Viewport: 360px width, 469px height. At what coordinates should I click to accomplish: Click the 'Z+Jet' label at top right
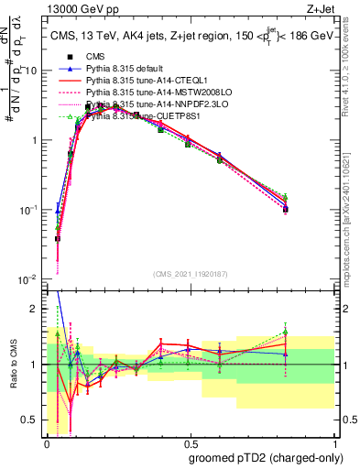click(322, 8)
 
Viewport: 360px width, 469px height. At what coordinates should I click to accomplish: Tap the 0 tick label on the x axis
click(47, 444)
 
